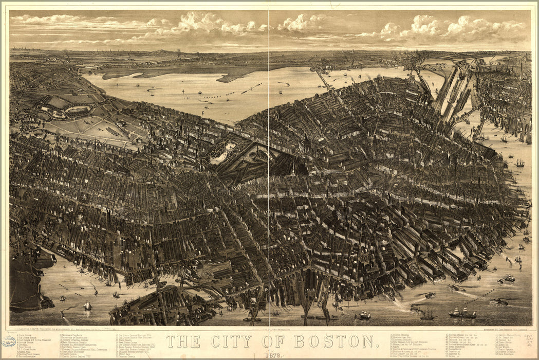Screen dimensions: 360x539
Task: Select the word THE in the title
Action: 182,341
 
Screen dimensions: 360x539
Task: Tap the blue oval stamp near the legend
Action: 8,341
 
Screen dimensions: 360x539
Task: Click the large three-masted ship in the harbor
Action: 462,312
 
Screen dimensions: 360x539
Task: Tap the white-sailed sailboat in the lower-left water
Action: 87,306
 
